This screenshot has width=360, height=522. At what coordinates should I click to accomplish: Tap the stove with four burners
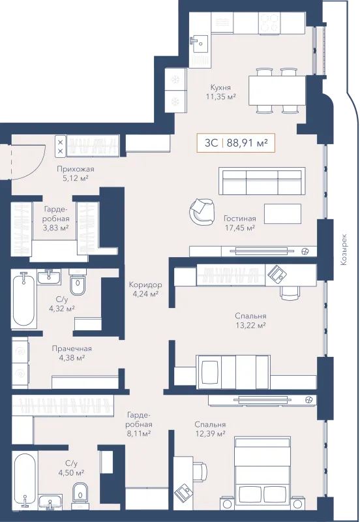269,23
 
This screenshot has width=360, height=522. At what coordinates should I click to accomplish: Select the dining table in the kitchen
277,91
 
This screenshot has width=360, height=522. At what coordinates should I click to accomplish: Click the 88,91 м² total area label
247,143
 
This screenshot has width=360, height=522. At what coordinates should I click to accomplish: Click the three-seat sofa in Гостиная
262,181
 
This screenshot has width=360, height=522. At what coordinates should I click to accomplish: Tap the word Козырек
344,249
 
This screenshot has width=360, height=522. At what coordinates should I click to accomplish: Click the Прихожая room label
76,169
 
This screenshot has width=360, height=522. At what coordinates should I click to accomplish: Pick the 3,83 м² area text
56,228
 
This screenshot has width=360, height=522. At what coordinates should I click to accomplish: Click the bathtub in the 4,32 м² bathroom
23,300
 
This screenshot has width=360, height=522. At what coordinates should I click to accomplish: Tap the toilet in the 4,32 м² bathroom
78,282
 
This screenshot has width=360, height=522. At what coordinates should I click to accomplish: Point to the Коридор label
145,284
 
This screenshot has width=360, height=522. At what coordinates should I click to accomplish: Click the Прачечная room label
72,348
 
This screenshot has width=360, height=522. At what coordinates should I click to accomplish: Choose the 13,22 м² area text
250,325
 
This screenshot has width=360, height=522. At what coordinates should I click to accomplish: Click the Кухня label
220,87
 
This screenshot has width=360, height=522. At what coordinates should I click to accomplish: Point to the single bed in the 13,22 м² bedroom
233,372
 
